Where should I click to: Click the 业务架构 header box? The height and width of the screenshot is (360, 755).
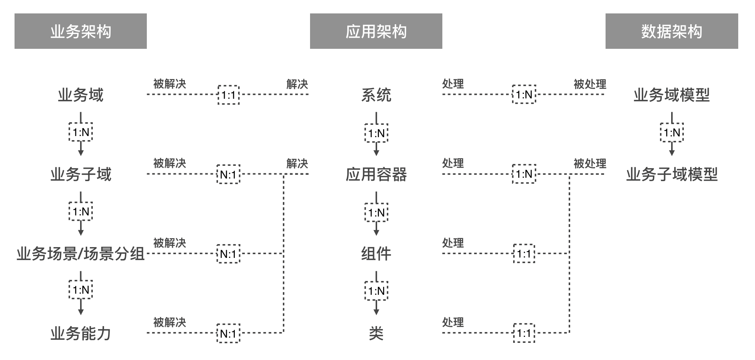(80, 31)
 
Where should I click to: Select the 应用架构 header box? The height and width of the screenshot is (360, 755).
(376, 31)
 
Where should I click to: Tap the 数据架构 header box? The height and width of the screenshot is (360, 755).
(672, 31)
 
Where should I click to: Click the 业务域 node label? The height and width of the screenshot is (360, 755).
(80, 95)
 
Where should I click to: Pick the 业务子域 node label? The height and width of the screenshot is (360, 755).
(80, 174)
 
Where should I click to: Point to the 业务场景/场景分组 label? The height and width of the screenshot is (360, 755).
(80, 254)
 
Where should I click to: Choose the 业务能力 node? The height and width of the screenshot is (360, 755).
(80, 333)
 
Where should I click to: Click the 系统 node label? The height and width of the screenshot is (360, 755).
(376, 95)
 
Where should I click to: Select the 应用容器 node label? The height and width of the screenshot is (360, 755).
(376, 174)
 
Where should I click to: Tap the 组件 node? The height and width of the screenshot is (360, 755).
(376, 254)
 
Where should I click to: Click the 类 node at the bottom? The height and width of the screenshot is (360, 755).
(376, 333)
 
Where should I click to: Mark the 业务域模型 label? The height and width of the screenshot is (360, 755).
(672, 95)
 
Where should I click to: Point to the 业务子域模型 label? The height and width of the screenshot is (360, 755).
(672, 174)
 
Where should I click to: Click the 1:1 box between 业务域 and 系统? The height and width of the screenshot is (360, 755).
(228, 95)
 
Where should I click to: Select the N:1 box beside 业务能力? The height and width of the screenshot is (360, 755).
(228, 333)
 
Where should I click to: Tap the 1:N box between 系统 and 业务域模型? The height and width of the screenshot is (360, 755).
(524, 94)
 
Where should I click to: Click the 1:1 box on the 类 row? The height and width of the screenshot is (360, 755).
(524, 333)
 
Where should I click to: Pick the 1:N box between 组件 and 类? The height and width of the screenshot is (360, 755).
(376, 291)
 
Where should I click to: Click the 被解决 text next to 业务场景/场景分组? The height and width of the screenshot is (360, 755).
(170, 243)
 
